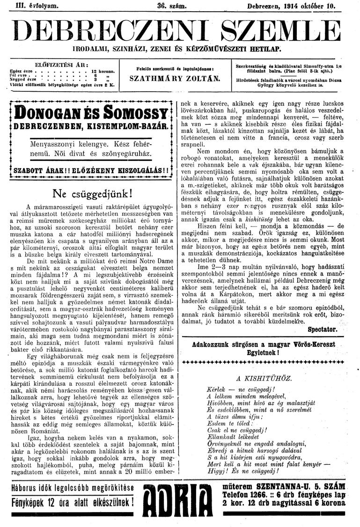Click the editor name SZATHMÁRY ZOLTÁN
(175, 78)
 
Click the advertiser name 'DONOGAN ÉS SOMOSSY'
(91, 113)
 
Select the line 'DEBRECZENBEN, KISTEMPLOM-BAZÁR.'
(91, 127)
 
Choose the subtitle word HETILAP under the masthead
(267, 49)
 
